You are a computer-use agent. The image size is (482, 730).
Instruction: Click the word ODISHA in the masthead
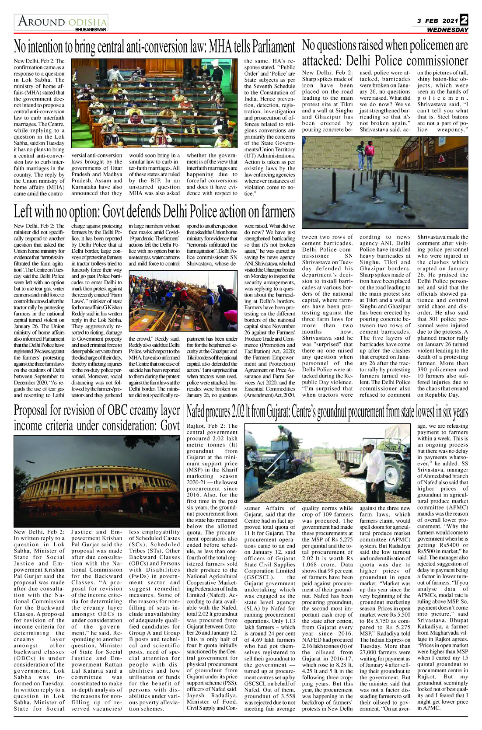(87, 22)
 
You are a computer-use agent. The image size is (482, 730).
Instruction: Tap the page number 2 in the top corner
(464, 20)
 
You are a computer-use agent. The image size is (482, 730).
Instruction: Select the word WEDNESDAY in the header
(447, 30)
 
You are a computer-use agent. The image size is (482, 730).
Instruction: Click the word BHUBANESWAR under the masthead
(90, 30)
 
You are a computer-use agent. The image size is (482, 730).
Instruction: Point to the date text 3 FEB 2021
(437, 21)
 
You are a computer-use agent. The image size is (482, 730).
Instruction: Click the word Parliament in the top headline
(273, 46)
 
